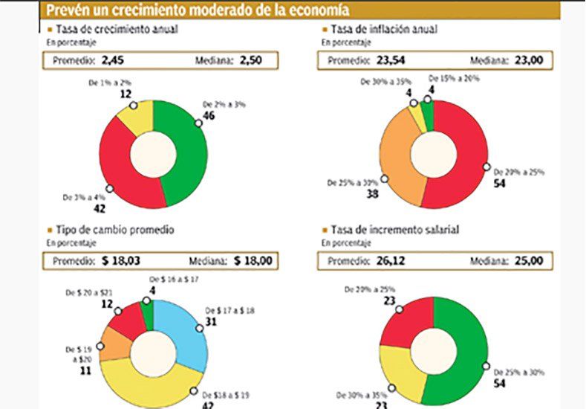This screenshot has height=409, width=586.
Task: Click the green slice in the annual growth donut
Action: coord(190,156)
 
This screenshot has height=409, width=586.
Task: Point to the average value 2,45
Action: coord(114,60)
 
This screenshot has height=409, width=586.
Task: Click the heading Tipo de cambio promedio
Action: coord(115,229)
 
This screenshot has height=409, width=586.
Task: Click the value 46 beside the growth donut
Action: coord(210,116)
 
